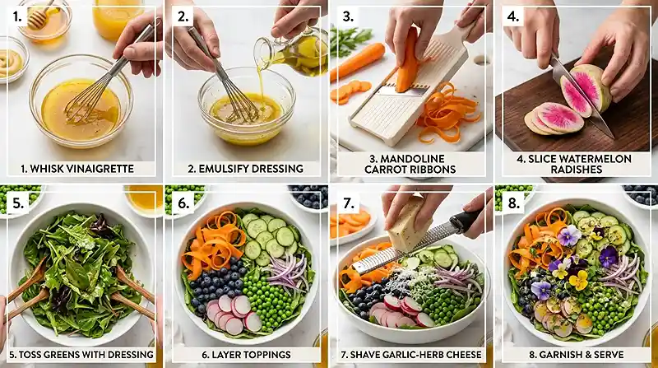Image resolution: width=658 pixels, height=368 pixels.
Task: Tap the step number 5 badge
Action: click(17, 203)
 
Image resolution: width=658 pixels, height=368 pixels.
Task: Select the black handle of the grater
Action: click(466, 221)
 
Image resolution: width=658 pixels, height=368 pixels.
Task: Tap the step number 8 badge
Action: click(513, 203)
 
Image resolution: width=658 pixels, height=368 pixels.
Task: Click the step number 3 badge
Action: click(348, 17)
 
